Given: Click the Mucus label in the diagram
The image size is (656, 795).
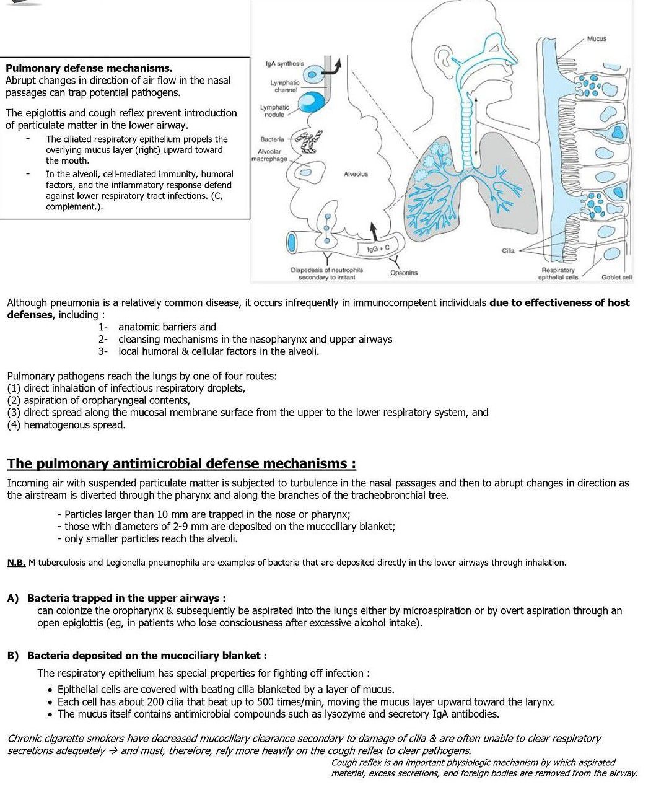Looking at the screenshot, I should click(597, 38).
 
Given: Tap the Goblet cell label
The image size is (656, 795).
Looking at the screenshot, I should click(616, 278).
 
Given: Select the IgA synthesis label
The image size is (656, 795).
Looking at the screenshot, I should click(284, 63).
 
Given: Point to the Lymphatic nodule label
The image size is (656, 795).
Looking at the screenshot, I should click(274, 111).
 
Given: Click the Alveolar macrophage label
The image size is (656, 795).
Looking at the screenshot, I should click(269, 155).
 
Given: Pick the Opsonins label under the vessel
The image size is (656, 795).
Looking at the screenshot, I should click(404, 273).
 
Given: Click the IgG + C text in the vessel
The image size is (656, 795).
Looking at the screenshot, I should click(378, 248).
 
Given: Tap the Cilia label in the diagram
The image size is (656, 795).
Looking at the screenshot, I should click(509, 251).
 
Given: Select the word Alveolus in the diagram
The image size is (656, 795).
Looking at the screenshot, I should click(356, 174).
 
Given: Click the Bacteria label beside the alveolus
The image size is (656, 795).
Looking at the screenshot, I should click(272, 139).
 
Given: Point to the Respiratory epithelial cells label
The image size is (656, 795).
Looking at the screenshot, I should click(558, 274).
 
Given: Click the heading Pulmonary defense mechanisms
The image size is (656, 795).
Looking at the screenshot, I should click(89, 68).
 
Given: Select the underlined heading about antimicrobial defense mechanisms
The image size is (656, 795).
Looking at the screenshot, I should click(181, 464).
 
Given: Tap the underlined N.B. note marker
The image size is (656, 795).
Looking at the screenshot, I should click(16, 563).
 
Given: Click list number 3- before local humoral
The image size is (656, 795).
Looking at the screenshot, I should click(103, 351).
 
